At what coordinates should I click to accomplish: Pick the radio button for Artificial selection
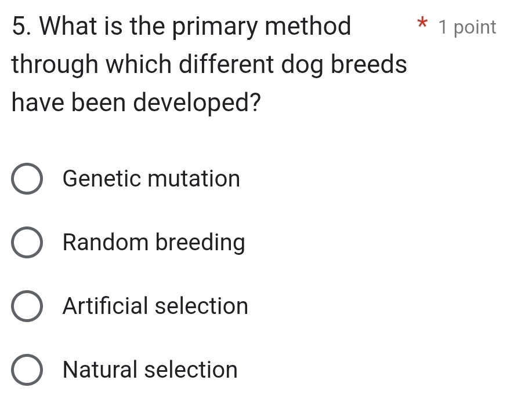coord(27,306)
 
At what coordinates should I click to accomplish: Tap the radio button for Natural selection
coord(27,370)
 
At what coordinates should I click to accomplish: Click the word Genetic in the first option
coord(102,179)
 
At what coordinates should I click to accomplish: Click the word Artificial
coord(104,306)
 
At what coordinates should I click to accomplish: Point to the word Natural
coord(100,370)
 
